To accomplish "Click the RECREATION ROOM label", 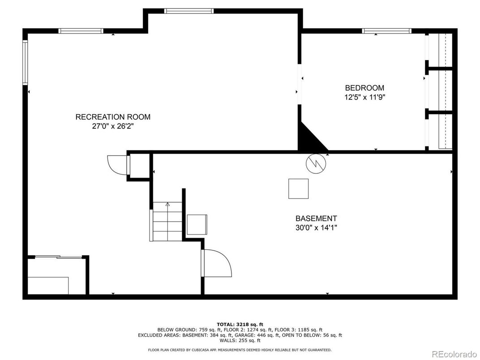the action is click(x=113, y=116).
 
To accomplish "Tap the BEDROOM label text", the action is click(x=364, y=88).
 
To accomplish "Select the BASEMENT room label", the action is click(x=316, y=218).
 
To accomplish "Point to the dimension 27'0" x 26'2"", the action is click(x=113, y=126).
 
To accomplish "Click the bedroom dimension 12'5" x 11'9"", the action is click(x=364, y=97).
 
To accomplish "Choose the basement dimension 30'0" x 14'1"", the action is click(x=316, y=228).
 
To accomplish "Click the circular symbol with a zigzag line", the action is click(x=316, y=163).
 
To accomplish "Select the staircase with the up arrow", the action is click(x=167, y=221).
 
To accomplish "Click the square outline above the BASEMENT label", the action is click(x=298, y=189).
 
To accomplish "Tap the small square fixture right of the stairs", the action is click(x=197, y=225).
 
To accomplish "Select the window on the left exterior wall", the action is click(x=25, y=62).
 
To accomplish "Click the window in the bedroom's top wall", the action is click(x=386, y=30).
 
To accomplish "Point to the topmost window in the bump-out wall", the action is click(x=189, y=11).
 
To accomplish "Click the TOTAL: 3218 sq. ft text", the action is click(x=240, y=324).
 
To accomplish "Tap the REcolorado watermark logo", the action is click(x=454, y=354).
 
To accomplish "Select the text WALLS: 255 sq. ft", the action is click(x=240, y=340).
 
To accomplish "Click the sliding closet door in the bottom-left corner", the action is click(x=58, y=257).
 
